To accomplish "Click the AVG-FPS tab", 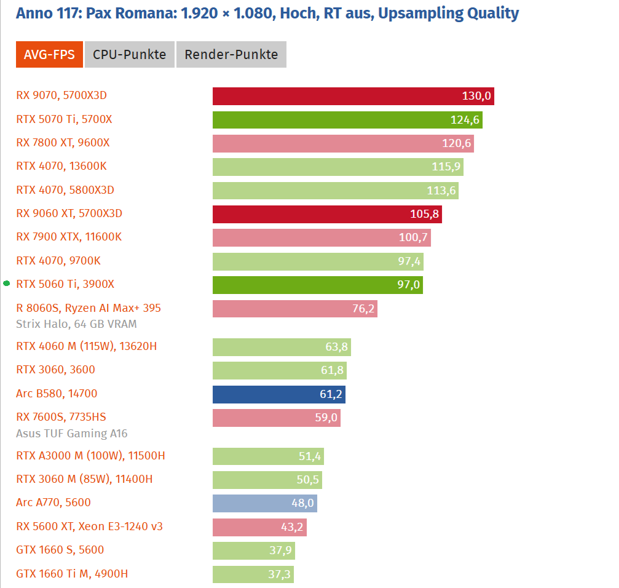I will [49, 55].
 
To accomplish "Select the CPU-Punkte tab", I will [129, 55].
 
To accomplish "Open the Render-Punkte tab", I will [231, 55].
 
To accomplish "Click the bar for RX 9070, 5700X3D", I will [353, 96].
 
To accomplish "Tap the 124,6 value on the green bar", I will [464, 120].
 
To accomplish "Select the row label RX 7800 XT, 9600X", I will [63, 143].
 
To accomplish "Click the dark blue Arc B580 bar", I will [278, 394].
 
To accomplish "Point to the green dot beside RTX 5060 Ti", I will [7, 284].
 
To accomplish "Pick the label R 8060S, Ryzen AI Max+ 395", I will [89, 308].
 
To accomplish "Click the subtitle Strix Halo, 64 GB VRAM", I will [76, 324].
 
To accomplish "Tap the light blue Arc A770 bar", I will [264, 503].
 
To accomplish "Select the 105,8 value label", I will [425, 214].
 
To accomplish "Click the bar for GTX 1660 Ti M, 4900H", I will [253, 574].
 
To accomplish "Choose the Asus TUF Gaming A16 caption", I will [72, 434].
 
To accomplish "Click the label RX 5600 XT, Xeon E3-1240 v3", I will [89, 526].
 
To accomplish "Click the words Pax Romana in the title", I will [132, 13].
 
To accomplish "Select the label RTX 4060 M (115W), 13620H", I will [86, 346].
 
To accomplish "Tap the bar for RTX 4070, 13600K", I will [337, 167].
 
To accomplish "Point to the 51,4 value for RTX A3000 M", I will [310, 456].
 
